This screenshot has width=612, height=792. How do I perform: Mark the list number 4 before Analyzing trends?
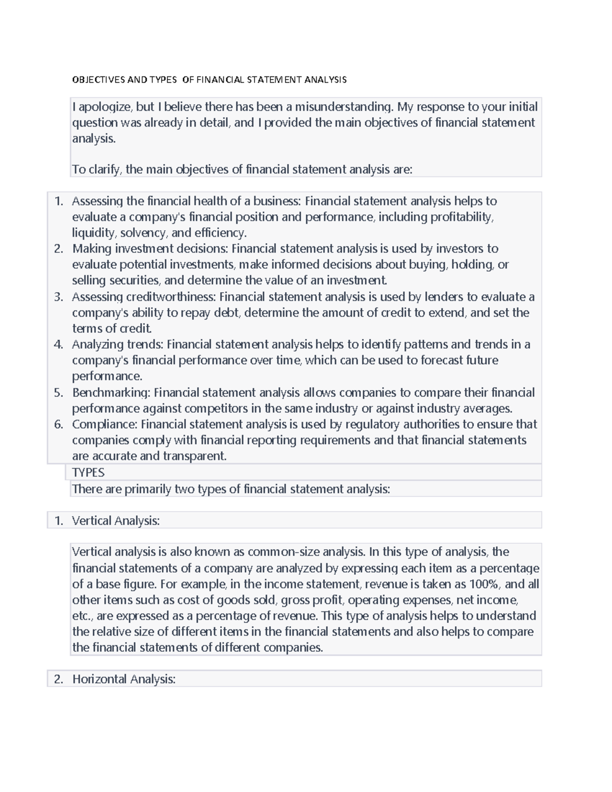[x=59, y=345]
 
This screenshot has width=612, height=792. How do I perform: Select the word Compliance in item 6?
[x=105, y=424]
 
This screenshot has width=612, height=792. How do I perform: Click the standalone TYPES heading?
[x=88, y=472]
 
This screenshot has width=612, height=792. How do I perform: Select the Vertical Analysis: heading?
[x=116, y=521]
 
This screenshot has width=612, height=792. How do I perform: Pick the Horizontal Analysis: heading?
[x=124, y=679]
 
